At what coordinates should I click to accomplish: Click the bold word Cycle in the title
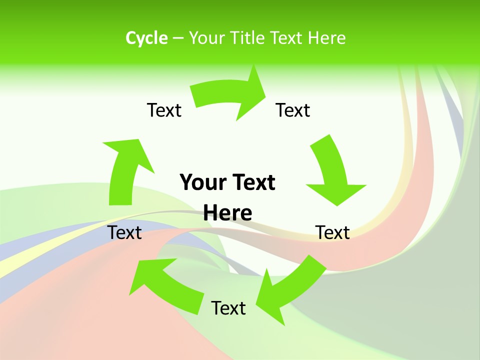146,38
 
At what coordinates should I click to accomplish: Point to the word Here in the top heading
326,38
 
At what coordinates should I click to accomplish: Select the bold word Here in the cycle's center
227,213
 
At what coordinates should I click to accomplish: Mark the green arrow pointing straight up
125,170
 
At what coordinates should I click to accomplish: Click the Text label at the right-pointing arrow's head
293,110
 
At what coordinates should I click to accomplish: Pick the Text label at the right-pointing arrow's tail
164,110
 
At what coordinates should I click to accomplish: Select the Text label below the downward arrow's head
332,232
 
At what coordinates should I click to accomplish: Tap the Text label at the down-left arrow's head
228,308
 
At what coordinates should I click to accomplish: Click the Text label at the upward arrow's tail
124,232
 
